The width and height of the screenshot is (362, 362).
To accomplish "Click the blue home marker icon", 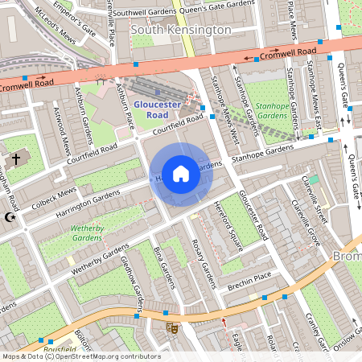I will pyautogui.click(x=181, y=173).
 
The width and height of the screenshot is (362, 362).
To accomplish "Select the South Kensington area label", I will pyautogui.click(x=180, y=30).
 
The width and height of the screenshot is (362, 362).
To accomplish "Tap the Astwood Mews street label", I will pyautogui.click(x=60, y=129).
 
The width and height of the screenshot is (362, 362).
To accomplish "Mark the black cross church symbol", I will pyautogui.click(x=15, y=158).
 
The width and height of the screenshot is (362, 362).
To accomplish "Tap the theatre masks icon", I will pyautogui.click(x=171, y=327).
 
